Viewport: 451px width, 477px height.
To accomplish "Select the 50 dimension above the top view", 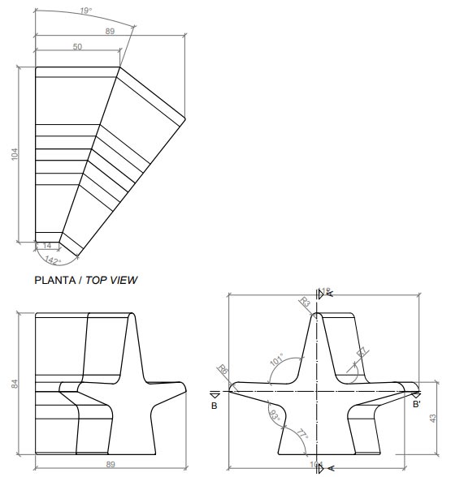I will [77, 48].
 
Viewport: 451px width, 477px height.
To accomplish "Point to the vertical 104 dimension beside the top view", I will [14, 154].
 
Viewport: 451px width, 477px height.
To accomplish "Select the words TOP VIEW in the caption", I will [114, 280].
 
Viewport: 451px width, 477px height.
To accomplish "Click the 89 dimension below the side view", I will [111, 465].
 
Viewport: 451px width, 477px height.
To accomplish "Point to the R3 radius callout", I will [305, 303].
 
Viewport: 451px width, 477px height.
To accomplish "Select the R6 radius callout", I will [223, 370].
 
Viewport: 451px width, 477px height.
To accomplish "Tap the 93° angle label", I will [273, 415].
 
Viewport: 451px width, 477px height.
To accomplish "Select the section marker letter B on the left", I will [214, 405].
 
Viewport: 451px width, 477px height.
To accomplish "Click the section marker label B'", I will [416, 403].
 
